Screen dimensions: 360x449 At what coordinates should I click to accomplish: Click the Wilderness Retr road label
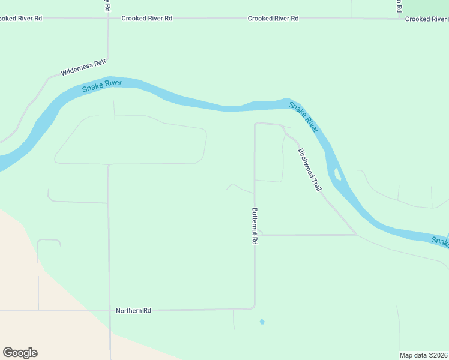[x=83, y=68]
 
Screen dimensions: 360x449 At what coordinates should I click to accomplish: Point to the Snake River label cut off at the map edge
[x=440, y=241]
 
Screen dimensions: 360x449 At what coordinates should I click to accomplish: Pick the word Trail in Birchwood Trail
[x=316, y=183]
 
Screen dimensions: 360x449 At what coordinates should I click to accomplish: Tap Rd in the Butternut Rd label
[x=255, y=239]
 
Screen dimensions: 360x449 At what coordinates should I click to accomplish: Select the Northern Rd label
[x=133, y=310]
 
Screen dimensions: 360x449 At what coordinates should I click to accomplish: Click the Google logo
[x=20, y=353]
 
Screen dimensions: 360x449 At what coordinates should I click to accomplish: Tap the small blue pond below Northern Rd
[x=262, y=322]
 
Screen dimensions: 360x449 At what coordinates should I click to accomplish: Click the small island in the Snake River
[x=338, y=175]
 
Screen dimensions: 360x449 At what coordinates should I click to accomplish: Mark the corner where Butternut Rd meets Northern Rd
[x=254, y=308]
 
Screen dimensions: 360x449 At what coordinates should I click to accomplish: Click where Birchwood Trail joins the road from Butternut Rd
[x=357, y=235]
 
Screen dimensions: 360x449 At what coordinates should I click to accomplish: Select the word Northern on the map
[x=128, y=310]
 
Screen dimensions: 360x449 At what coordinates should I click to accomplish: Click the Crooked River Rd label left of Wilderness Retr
[x=21, y=19]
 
